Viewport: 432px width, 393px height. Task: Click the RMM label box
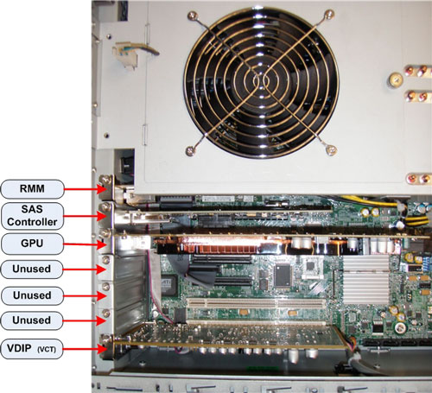[x=32, y=189]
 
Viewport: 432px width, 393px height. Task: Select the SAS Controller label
[x=32, y=216]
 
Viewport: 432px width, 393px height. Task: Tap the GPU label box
[x=32, y=244]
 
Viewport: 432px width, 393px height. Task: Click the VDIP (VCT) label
[x=32, y=349]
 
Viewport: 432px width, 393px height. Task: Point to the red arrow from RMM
[x=86, y=189]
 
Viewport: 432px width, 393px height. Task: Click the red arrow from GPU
[x=86, y=244]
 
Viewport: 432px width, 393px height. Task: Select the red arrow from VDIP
[x=85, y=349]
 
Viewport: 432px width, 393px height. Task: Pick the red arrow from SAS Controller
[x=86, y=216]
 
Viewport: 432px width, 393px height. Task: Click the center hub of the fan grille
[x=261, y=82]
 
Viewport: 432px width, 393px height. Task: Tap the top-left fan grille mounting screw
[x=192, y=16]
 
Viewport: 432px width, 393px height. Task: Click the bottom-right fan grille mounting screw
[x=331, y=149]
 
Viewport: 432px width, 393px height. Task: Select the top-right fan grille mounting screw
[x=328, y=14]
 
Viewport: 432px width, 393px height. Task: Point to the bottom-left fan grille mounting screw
[x=190, y=150]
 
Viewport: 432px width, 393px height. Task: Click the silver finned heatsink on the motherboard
[x=365, y=280]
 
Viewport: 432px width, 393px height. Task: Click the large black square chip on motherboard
[x=283, y=276]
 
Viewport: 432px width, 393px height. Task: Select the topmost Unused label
[x=32, y=269]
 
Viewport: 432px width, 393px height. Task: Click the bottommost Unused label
[x=32, y=320]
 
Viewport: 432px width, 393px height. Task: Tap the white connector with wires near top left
[x=124, y=55]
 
